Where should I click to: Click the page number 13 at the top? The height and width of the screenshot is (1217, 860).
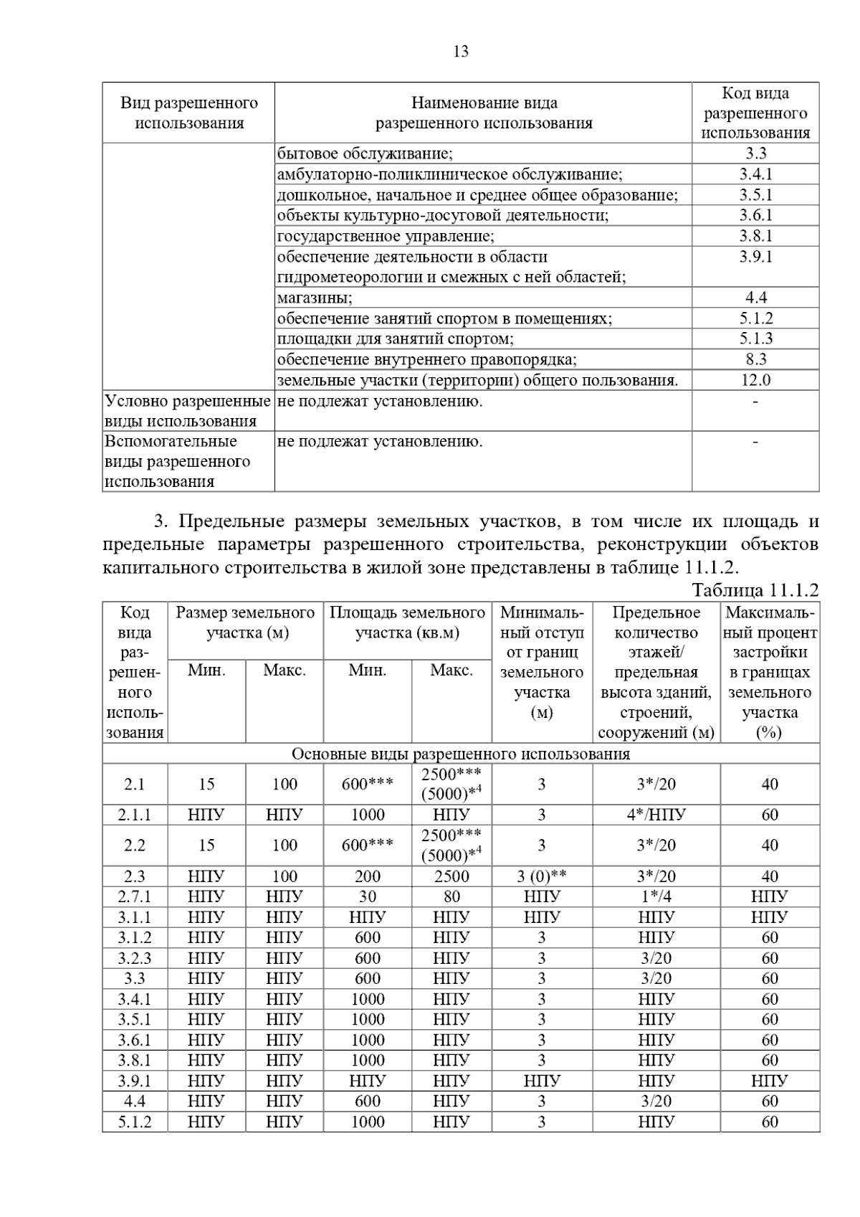point(461,52)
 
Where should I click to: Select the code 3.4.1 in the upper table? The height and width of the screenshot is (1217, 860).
point(755,174)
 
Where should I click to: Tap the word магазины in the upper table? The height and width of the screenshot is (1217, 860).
point(315,298)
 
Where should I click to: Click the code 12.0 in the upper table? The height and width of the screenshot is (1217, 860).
point(755,380)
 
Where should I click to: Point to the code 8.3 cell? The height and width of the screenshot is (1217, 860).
point(755,359)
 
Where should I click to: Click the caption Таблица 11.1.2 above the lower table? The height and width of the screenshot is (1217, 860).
point(755,589)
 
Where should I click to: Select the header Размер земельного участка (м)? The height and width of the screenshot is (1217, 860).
point(246,622)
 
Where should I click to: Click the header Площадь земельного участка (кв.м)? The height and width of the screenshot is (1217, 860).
point(407,622)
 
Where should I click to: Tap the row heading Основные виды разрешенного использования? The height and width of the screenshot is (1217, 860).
point(460,754)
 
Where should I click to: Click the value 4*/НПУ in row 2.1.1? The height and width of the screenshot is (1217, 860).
point(656,815)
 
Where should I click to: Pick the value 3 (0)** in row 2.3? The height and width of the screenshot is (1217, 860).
point(541,876)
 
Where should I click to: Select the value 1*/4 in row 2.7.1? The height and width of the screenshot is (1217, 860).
point(656,896)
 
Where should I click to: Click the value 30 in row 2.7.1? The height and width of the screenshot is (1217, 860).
point(367,896)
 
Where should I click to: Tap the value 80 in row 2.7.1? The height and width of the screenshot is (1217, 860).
point(451,896)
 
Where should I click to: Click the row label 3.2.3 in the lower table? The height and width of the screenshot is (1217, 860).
point(135,958)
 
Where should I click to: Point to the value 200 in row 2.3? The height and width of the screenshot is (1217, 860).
point(367,876)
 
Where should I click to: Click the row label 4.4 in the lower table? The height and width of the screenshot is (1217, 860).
point(135,1101)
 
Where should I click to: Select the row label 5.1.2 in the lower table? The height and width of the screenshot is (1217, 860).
point(135,1122)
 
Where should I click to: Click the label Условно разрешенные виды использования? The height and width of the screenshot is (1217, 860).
point(188,411)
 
